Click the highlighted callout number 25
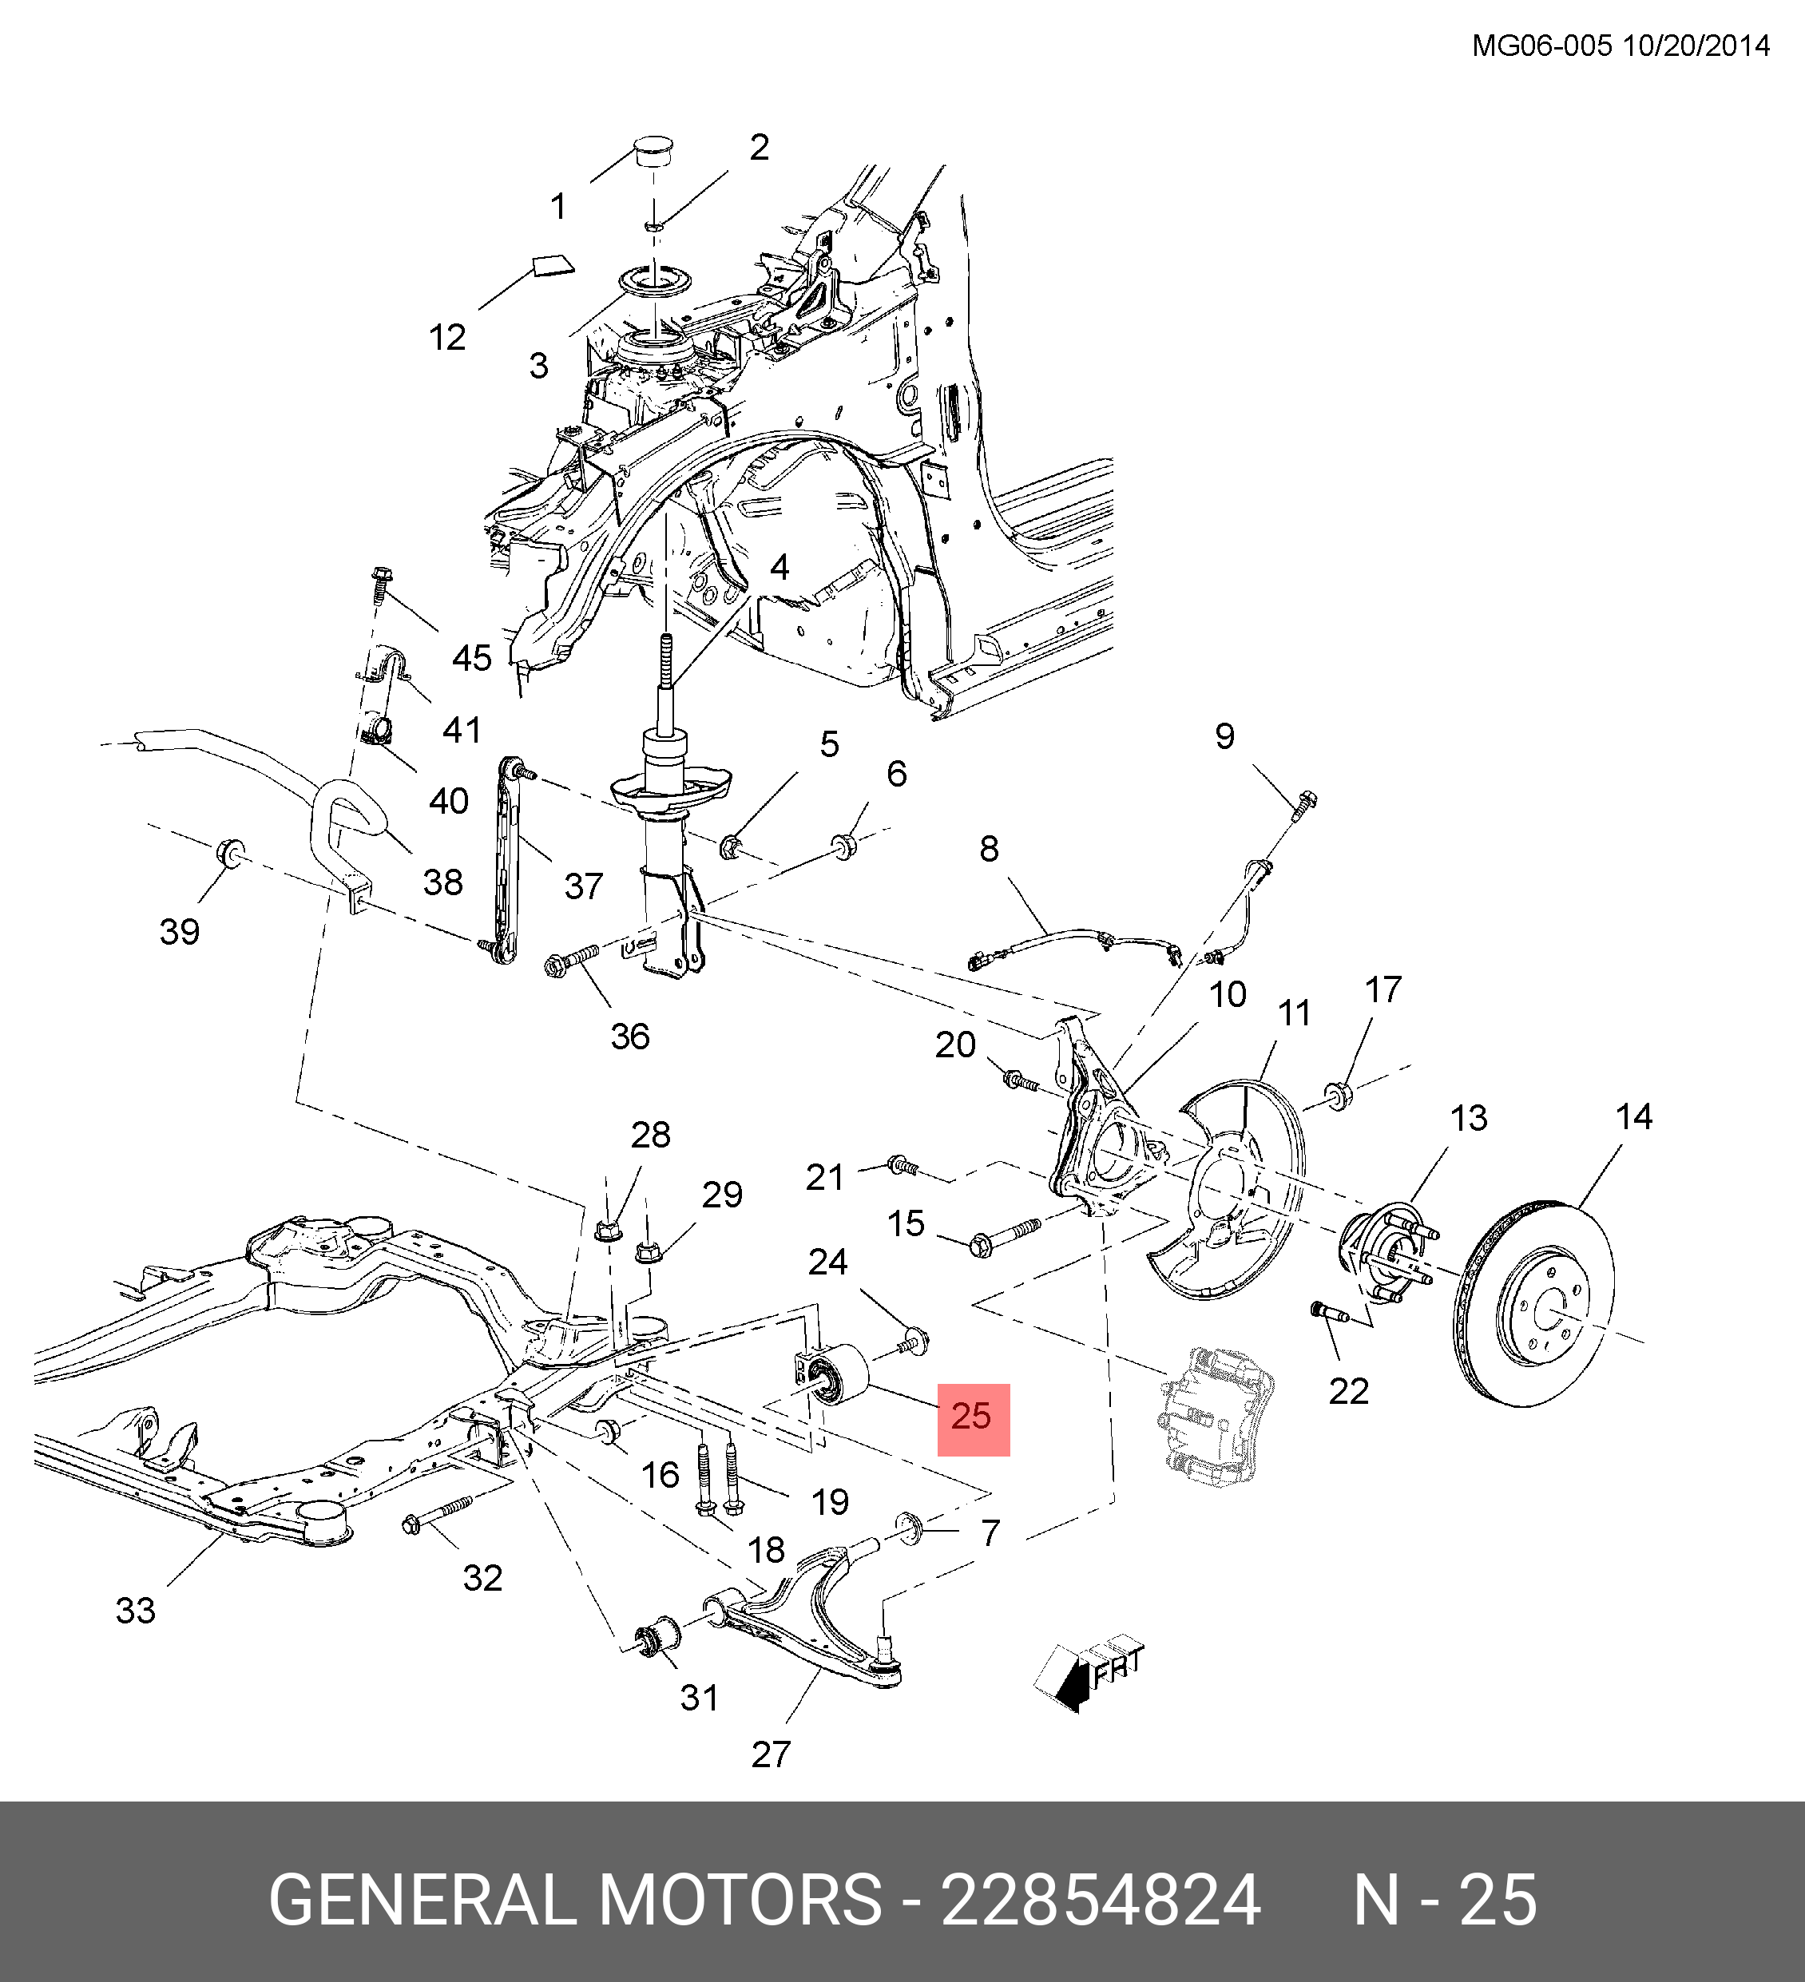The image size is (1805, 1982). point(972,1417)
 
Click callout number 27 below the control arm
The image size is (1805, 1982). point(770,1755)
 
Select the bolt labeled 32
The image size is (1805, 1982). point(438,1517)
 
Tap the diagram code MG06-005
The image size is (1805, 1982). point(1541,46)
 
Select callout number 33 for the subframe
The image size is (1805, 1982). point(136,1611)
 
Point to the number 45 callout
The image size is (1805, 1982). point(471,658)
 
